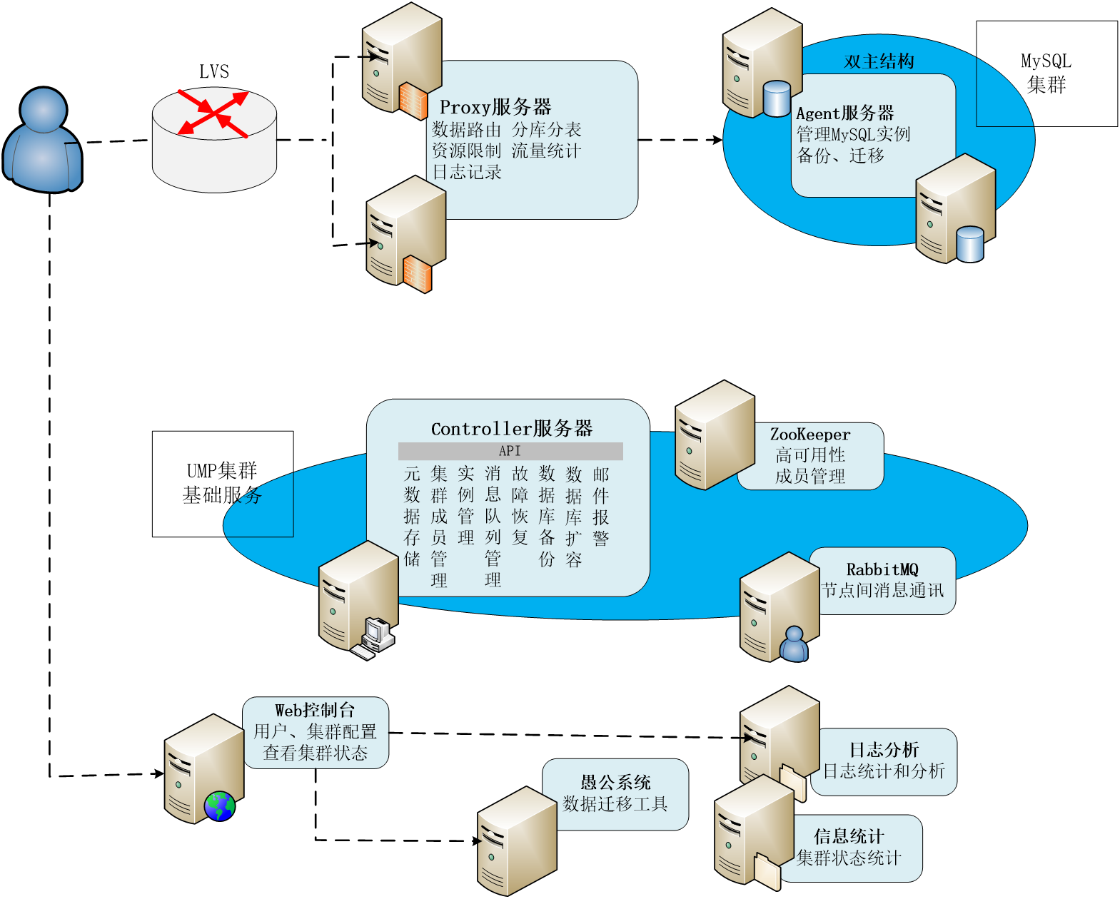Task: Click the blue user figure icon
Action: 43,141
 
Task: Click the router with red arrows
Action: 214,139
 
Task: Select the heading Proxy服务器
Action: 495,107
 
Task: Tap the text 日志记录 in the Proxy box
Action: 467,172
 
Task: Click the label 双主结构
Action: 879,61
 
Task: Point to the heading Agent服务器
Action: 845,113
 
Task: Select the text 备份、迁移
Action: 840,156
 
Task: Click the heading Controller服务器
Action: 512,428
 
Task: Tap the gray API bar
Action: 510,451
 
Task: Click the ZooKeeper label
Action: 810,435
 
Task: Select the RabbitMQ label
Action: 882,569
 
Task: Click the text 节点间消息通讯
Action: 882,590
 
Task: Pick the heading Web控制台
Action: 315,710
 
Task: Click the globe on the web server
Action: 219,806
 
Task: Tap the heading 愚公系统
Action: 615,783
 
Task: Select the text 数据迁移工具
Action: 615,804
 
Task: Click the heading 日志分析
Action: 884,750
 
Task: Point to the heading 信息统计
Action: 849,836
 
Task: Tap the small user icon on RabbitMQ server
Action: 794,644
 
